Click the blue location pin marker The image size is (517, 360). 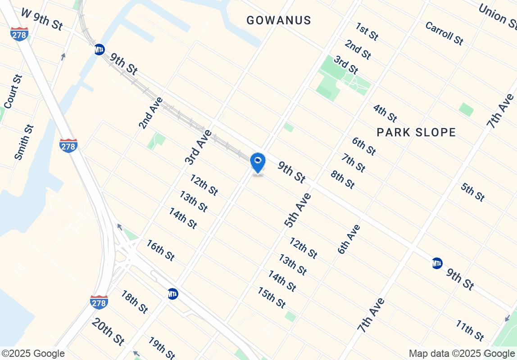(x=258, y=162)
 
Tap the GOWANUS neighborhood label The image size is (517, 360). (x=279, y=20)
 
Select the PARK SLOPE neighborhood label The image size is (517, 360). (x=416, y=132)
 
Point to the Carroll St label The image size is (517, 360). (x=444, y=33)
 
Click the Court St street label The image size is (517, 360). (x=13, y=92)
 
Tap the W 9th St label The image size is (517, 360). (x=42, y=19)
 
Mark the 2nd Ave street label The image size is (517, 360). (x=151, y=112)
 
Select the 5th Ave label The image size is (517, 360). (x=298, y=209)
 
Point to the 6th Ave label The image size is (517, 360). (x=349, y=239)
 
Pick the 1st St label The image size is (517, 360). (x=367, y=31)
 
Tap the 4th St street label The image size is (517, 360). (x=385, y=112)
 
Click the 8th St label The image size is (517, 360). (x=343, y=179)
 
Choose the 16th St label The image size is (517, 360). (x=160, y=250)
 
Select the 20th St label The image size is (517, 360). (x=108, y=332)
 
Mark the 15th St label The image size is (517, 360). (x=272, y=297)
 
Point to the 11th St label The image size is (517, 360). (x=470, y=330)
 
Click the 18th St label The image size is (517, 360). (x=134, y=301)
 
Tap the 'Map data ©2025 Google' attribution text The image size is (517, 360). (x=462, y=354)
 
